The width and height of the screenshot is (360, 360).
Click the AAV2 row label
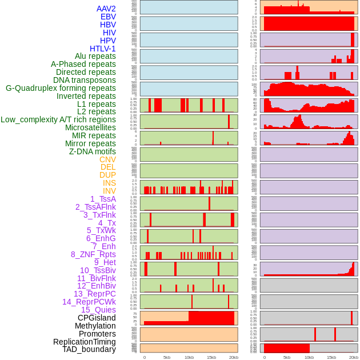pyautogui.click(x=106, y=9)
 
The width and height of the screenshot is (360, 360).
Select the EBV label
pyautogui.click(x=108, y=17)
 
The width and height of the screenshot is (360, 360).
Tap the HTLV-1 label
pyautogui.click(x=103, y=49)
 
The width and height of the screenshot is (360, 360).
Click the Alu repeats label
pyautogui.click(x=95, y=56)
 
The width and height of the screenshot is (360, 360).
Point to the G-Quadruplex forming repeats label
pyautogui.click(x=61, y=88)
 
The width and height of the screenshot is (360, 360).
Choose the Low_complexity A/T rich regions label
pyautogui.click(x=58, y=119)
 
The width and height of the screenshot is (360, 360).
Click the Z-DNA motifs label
pyautogui.click(x=92, y=151)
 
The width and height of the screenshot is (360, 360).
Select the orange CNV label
pyautogui.click(x=107, y=159)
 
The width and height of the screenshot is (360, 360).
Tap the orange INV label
pyautogui.click(x=109, y=191)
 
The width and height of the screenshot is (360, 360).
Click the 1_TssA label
pyautogui.click(x=103, y=199)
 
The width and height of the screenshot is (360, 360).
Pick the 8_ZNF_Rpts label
pyautogui.click(x=93, y=254)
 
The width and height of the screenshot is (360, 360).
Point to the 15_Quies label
pyautogui.click(x=98, y=310)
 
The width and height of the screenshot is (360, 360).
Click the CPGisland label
pyautogui.click(x=97, y=318)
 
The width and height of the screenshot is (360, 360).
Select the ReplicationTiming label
pyautogui.click(x=84, y=342)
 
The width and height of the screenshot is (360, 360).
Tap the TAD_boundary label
pyautogui.click(x=89, y=349)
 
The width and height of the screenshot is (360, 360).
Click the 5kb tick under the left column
pyautogui.click(x=167, y=357)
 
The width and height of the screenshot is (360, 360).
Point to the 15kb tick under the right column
pyautogui.click(x=331, y=357)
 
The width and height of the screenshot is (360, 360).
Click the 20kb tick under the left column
pyautogui.click(x=234, y=357)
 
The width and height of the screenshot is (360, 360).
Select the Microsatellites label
pyautogui.click(x=90, y=127)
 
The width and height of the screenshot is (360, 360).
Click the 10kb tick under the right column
pyautogui.click(x=309, y=357)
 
